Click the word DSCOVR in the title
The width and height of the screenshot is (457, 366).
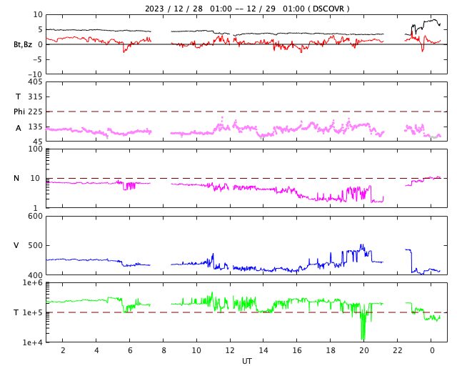(329, 9)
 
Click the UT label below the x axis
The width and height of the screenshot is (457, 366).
(246, 361)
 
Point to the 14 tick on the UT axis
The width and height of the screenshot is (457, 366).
(263, 350)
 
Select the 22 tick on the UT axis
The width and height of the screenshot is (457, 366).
(398, 350)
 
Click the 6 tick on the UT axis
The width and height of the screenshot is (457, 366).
(129, 350)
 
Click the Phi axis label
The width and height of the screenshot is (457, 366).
(20, 112)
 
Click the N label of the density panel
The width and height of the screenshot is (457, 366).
(17, 178)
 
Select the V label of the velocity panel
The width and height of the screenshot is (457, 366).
(16, 245)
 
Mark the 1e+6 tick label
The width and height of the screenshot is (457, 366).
(33, 283)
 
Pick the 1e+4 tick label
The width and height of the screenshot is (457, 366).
(33, 342)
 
